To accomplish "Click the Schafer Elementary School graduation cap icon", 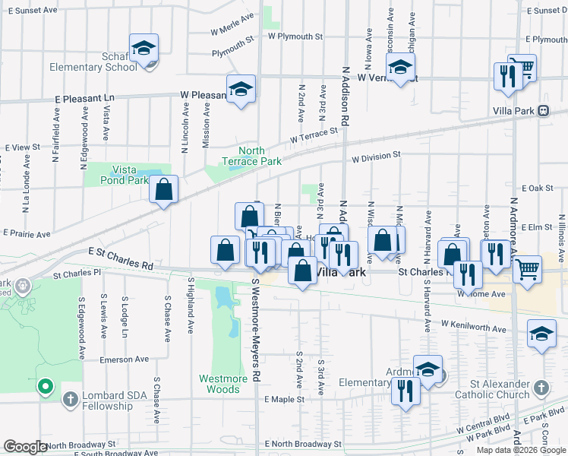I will coord(142,49).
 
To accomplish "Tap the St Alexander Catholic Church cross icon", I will coord(540,387).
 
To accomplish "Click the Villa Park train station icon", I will coord(543,111).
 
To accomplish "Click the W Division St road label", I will coord(375,157).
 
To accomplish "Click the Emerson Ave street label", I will coord(123,362).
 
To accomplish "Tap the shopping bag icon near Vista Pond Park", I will coord(163,190).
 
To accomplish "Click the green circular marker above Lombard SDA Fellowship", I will coord(45,387).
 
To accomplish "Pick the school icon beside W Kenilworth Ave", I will coord(541,335).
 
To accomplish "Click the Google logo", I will coord(26,447).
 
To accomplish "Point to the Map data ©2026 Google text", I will coord(520,449).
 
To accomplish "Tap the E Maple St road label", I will coord(284,399).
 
